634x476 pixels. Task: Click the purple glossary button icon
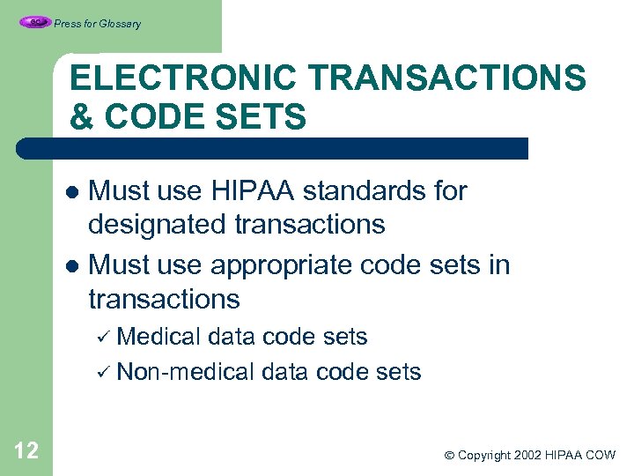coord(34,22)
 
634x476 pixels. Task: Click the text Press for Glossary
coord(97,24)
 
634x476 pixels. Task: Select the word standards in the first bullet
coord(376,190)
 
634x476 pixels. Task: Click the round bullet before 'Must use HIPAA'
coord(76,192)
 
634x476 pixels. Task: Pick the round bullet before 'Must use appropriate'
coord(76,266)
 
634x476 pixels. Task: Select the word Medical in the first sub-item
coord(159,337)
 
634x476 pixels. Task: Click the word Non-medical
coord(186,372)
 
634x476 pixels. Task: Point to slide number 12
coord(26,451)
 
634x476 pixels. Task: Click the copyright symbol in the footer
coord(449,456)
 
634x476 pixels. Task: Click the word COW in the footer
coord(601,456)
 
